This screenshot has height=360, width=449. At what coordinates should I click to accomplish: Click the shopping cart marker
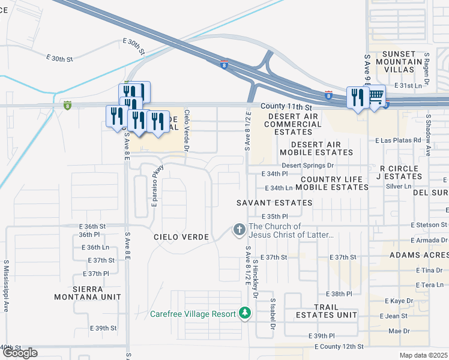pyautogui.click(x=376, y=97)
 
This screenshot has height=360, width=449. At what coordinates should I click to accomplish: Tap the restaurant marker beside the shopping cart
pyautogui.click(x=357, y=98)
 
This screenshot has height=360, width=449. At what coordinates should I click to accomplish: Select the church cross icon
pyautogui.click(x=239, y=230)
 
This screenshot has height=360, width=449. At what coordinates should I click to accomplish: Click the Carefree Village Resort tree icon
pyautogui.click(x=244, y=313)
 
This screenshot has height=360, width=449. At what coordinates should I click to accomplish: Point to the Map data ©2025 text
pyautogui.click(x=423, y=355)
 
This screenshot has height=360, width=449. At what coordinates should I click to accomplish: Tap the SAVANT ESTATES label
pyautogui.click(x=274, y=203)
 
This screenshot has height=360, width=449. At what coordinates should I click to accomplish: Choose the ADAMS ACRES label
pyautogui.click(x=418, y=255)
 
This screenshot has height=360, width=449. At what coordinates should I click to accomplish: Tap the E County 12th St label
pyautogui.click(x=339, y=347)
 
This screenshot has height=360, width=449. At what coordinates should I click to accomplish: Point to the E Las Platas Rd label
pyautogui.click(x=399, y=140)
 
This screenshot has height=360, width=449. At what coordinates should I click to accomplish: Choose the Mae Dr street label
pyautogui.click(x=398, y=331)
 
